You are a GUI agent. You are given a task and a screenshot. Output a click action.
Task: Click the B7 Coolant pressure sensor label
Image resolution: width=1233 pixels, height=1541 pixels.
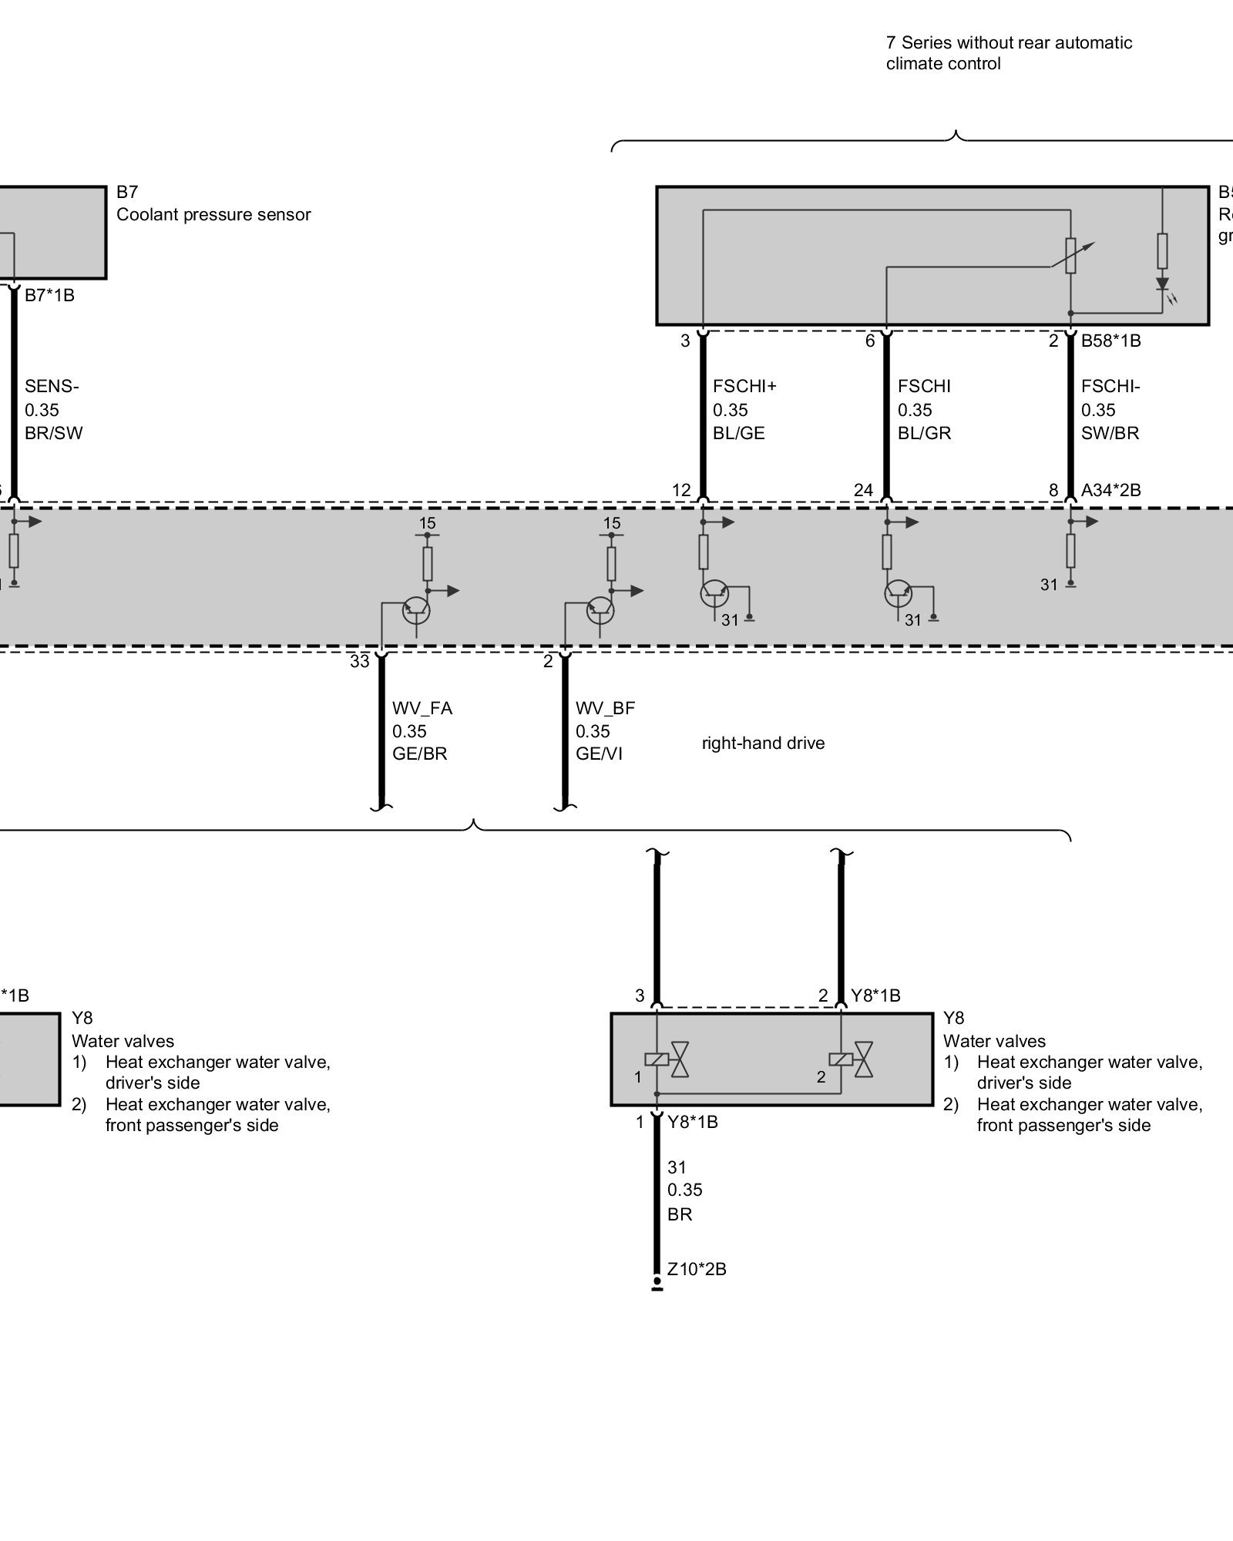coord(213,203)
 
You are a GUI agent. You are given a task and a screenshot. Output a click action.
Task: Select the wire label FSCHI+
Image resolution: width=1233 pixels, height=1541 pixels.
coord(744,386)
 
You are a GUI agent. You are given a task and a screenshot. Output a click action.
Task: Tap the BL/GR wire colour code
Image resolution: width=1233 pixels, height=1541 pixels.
coord(924,433)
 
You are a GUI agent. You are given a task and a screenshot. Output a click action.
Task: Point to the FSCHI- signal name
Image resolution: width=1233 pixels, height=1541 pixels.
coord(1110,386)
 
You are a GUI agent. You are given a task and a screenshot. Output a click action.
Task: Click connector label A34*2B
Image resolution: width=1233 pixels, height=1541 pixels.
coord(1110,489)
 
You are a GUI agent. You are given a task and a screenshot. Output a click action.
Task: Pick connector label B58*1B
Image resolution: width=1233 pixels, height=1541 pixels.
coord(1110,341)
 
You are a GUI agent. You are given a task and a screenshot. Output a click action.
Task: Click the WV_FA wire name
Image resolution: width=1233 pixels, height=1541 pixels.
coord(422,708)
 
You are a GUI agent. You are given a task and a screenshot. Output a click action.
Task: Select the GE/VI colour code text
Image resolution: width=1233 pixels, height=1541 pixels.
coord(598,754)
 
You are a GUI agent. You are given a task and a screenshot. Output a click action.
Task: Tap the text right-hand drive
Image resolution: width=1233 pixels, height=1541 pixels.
coord(763,744)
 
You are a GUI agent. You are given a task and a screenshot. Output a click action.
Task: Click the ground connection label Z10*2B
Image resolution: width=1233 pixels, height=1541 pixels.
coord(697,1269)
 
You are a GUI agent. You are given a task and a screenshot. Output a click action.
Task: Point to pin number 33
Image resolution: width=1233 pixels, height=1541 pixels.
coord(360,661)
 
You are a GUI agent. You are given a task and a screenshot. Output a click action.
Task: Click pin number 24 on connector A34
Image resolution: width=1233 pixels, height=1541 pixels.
coord(863,490)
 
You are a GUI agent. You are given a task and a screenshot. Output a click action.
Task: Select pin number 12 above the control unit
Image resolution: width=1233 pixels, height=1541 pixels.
coord(681,490)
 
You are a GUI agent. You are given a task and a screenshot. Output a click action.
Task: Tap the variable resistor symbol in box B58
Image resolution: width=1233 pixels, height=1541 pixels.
coord(1070,255)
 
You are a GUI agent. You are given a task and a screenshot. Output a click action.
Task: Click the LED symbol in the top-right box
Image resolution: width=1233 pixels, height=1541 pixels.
coord(1162,286)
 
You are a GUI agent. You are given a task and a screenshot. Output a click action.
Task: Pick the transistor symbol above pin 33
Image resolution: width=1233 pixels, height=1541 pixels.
coord(417,610)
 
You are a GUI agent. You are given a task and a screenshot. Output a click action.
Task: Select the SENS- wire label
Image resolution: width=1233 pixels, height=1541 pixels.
coord(52,386)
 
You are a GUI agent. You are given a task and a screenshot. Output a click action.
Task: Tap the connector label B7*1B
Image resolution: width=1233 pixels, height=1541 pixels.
coord(49,295)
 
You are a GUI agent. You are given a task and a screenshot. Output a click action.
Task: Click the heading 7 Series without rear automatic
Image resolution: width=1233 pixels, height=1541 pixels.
coord(1009,43)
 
